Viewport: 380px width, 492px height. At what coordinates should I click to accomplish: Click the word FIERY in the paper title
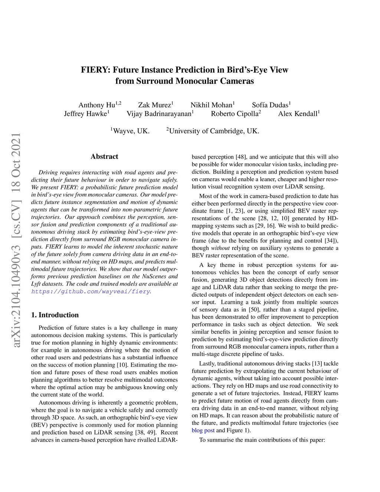[x=94, y=70]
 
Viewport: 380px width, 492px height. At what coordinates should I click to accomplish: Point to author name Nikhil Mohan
[x=211, y=105]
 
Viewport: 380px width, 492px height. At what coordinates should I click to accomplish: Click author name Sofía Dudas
[x=270, y=105]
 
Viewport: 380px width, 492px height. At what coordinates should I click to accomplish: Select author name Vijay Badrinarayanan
[x=159, y=114]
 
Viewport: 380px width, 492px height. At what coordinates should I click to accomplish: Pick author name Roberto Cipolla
[x=235, y=114]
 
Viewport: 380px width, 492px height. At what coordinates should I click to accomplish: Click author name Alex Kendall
[x=298, y=114]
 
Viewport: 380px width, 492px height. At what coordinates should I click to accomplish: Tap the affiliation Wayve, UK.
[x=131, y=131]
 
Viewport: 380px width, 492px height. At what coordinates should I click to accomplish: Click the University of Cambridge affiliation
[x=214, y=131]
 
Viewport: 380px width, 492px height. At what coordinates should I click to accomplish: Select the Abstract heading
[x=104, y=157]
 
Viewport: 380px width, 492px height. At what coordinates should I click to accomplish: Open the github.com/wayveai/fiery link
[x=91, y=291]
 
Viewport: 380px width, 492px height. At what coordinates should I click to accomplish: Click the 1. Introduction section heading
[x=55, y=315]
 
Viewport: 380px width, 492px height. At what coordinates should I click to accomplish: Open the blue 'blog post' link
[x=203, y=430]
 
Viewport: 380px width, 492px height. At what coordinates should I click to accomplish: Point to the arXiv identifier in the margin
[x=16, y=241]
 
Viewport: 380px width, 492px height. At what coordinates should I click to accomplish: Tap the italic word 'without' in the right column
[x=220, y=248]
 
